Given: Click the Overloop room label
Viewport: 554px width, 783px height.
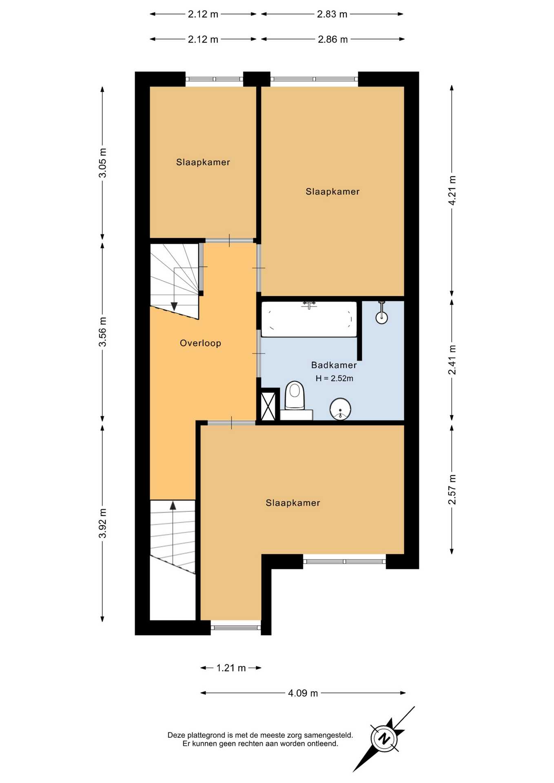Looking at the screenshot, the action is pos(200,343).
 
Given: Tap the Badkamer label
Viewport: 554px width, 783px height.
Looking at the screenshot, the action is pos(334,365).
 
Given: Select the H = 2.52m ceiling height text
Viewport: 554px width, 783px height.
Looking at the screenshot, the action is pos(334,378).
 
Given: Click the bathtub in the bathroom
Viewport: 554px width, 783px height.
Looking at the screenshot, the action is pos(309,319).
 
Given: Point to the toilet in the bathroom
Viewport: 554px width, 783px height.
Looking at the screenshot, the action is pos(295,396).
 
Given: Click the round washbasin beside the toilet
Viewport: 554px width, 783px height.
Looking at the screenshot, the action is pos(340,409).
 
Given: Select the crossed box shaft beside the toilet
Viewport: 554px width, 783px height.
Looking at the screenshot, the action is pos(268,406).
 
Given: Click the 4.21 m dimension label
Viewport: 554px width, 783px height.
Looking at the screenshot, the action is pos(452,191).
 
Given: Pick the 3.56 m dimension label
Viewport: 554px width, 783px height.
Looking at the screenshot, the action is pos(102,332).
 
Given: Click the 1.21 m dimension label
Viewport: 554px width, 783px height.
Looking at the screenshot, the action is pos(231,668).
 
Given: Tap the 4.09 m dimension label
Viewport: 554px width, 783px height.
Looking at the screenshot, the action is pos(303,693).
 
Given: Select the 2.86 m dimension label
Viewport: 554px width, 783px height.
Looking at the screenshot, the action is pos(333,39).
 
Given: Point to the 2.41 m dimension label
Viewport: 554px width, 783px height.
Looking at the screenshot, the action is pos(452,360).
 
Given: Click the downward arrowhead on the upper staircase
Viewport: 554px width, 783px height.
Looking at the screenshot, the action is pos(174,306).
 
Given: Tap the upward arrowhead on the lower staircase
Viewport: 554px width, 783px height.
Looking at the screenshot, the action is pos(173,506).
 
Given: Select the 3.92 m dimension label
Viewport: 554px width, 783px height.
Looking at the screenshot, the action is pos(102,523).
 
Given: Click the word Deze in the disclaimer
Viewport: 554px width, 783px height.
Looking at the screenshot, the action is pos(176,735).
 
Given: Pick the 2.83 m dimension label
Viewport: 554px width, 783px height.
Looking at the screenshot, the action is pos(332,14).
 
